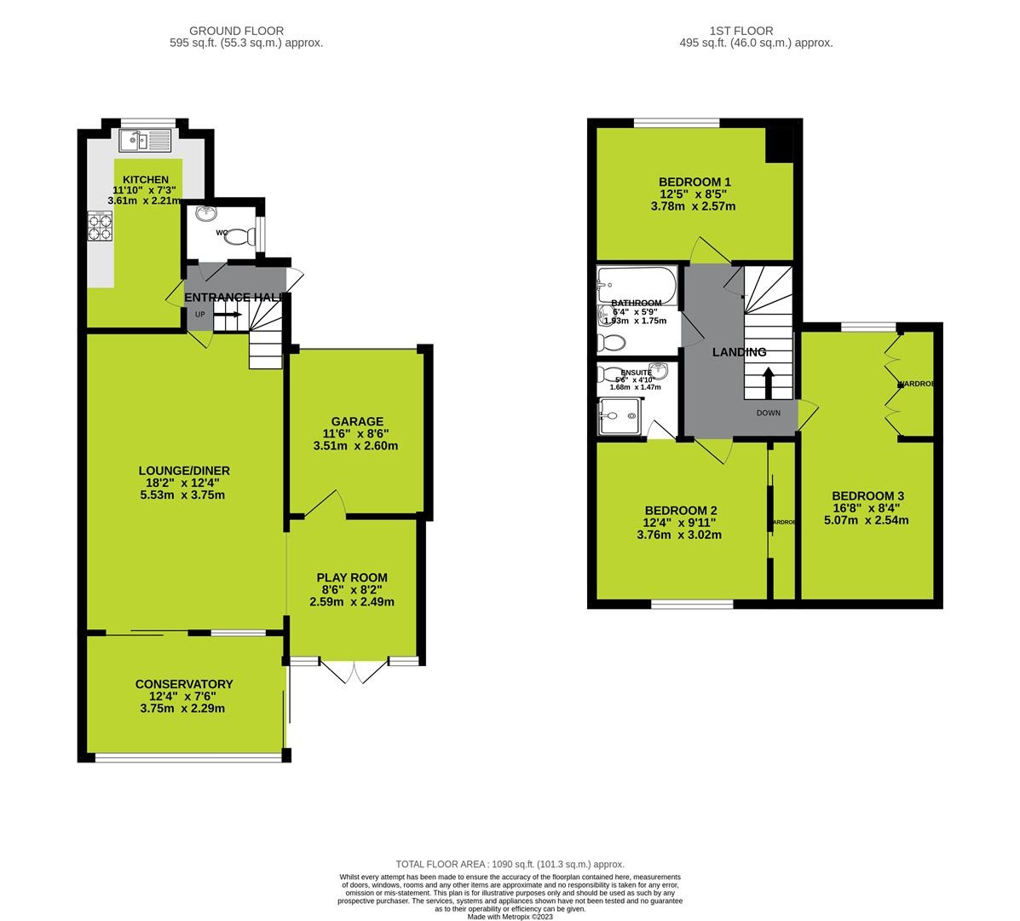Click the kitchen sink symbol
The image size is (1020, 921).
tap(147, 140)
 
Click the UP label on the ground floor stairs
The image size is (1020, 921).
tap(200, 315)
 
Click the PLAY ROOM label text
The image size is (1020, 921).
tap(352, 576)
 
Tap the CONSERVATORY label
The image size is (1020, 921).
tap(183, 684)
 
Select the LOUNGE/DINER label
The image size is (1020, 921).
tap(184, 471)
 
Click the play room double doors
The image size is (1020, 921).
tap(354, 672)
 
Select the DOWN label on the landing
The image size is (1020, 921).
tap(768, 413)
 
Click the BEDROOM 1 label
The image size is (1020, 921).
tap(694, 182)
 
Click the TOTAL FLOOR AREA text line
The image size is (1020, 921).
tap(510, 864)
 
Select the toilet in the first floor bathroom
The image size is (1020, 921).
tap(612, 343)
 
